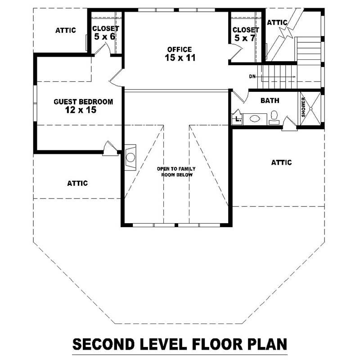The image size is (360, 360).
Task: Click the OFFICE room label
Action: click(x=179, y=49)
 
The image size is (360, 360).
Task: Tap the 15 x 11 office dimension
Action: click(x=180, y=58)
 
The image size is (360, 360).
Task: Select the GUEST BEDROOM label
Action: click(x=83, y=102)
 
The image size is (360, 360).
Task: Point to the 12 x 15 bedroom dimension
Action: click(x=81, y=110)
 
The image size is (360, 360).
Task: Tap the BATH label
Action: click(x=270, y=101)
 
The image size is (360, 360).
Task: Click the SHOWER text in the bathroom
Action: click(x=304, y=107)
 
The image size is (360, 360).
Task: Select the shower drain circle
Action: click(x=311, y=108)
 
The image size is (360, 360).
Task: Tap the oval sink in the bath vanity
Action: click(x=255, y=119)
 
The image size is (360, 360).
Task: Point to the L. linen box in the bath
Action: click(x=237, y=119)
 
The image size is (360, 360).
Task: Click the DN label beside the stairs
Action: click(x=252, y=76)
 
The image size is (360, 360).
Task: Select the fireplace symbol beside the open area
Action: click(x=130, y=157)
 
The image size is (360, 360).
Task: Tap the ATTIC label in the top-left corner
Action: click(x=66, y=31)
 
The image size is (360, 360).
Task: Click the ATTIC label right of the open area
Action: click(x=281, y=162)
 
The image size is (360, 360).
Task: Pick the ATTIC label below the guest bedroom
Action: click(x=77, y=183)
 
